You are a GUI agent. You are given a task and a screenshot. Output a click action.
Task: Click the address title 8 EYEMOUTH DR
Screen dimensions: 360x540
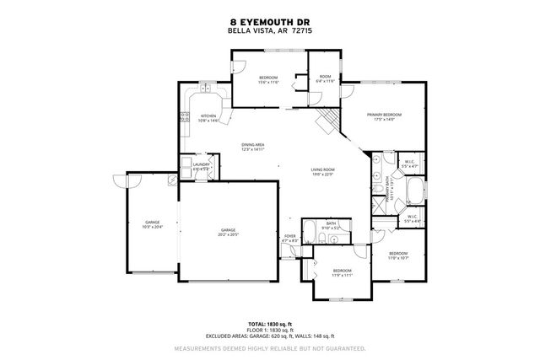269,22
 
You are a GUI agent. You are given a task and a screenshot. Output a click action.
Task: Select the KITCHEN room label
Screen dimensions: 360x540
208,118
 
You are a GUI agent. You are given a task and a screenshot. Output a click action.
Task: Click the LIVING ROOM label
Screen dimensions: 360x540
323,172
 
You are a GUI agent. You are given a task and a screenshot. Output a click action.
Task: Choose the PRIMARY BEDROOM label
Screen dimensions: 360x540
383,116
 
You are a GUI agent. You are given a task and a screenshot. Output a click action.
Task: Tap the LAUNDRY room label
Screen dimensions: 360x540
201,167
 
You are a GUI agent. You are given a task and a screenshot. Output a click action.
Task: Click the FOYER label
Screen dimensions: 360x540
289,239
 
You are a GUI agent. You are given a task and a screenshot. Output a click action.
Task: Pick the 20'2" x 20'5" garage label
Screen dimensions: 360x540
228,232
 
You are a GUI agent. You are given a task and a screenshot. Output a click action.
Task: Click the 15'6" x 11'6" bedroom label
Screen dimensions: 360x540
267,79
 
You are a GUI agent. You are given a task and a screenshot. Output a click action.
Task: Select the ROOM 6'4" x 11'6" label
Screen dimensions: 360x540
326,79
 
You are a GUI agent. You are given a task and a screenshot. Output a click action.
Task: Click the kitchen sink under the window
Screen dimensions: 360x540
206,89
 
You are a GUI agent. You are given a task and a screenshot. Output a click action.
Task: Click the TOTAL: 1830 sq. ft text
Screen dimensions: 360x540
269,324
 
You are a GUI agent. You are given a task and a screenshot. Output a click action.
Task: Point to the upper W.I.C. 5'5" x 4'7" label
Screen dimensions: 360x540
410,164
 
